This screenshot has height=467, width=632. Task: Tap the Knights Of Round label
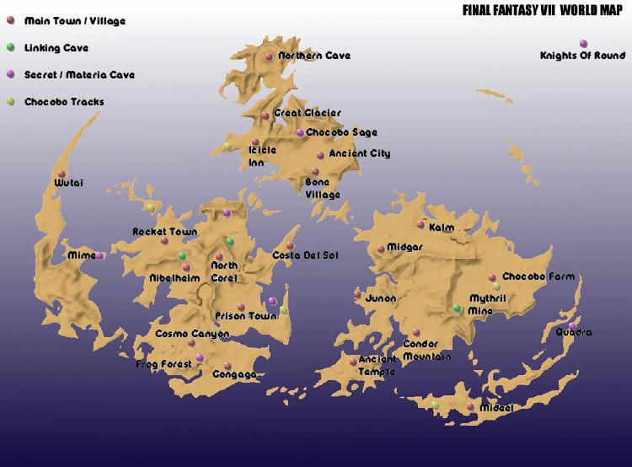[x=583, y=56]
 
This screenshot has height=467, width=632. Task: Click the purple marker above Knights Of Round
[x=583, y=43]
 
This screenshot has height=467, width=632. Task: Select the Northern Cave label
[x=313, y=56]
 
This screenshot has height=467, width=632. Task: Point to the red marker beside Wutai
[x=61, y=174]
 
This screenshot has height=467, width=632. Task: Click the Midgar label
[x=405, y=247]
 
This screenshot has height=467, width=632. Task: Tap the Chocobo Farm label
[x=538, y=276]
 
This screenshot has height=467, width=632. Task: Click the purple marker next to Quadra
[x=571, y=325]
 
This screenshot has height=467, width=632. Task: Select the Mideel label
[x=496, y=408]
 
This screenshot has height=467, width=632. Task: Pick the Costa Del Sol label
[x=304, y=255]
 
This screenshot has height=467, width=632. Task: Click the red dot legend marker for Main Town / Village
[x=9, y=19]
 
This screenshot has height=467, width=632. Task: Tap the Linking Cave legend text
[x=56, y=47]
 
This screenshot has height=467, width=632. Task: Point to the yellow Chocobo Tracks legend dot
[x=9, y=102]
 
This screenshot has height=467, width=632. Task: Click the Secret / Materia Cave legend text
[x=79, y=74]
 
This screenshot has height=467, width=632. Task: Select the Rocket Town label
[x=165, y=231]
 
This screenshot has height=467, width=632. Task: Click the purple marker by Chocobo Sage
[x=300, y=133]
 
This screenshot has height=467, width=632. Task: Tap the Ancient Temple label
[x=377, y=364]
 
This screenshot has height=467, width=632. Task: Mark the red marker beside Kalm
[x=420, y=223]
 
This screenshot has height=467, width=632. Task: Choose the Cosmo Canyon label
[x=192, y=335]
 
